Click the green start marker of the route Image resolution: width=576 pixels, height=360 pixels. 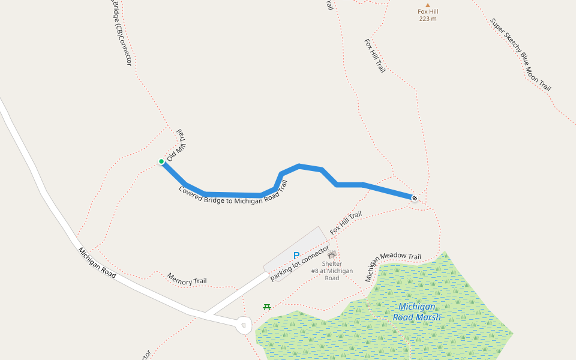click(161, 161)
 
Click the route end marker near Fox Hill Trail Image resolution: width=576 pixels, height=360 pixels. click(414, 197)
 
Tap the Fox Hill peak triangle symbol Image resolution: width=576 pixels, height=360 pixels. click(428, 5)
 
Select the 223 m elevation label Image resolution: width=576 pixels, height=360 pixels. click(428, 19)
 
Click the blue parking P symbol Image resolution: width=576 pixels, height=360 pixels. click(296, 256)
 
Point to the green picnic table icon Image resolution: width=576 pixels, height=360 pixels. click(267, 307)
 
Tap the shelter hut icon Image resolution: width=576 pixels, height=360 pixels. click(332, 254)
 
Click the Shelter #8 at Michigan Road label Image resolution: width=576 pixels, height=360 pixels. click(332, 271)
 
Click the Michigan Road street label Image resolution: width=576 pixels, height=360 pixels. click(97, 262)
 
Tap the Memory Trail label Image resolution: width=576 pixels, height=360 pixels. click(187, 278)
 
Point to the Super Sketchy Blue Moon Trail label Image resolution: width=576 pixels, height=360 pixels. click(520, 55)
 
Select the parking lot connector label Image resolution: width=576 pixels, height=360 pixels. click(299, 263)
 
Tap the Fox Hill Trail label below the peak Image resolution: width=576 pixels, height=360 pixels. click(375, 56)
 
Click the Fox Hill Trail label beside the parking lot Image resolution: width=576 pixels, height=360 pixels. click(346, 223)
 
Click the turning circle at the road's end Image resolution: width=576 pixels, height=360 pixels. click(244, 326)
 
